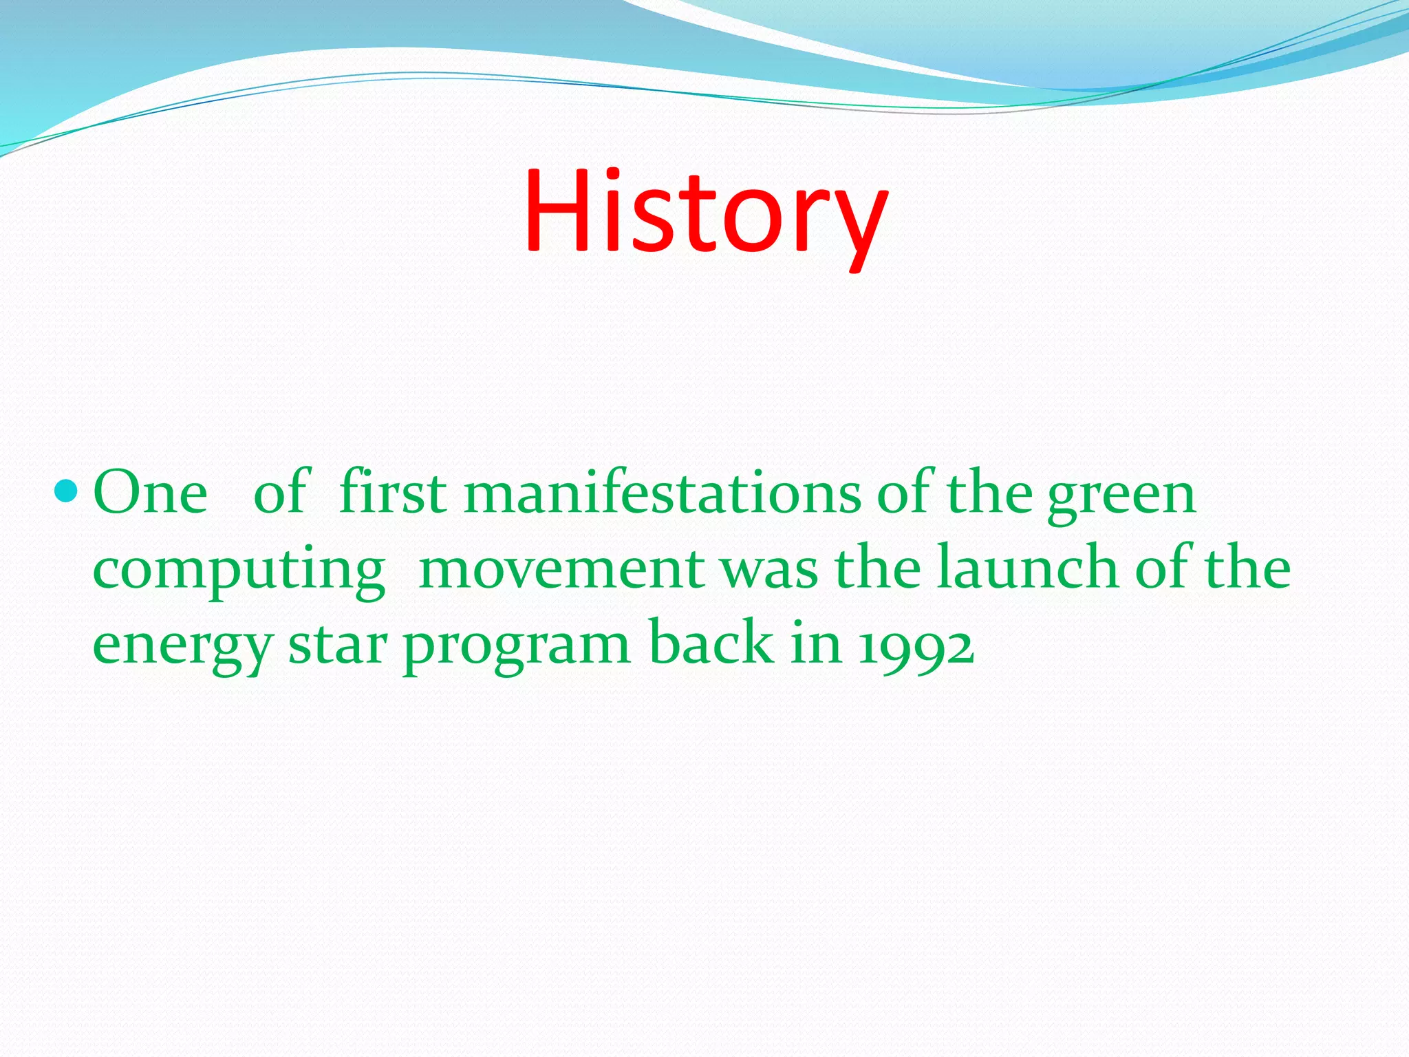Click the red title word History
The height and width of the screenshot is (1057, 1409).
tap(705, 213)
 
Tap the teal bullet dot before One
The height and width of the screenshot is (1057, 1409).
tap(67, 491)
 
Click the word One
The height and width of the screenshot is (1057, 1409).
tap(150, 493)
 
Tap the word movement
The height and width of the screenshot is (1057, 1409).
tap(561, 570)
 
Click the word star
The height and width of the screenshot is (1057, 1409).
tap(338, 645)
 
